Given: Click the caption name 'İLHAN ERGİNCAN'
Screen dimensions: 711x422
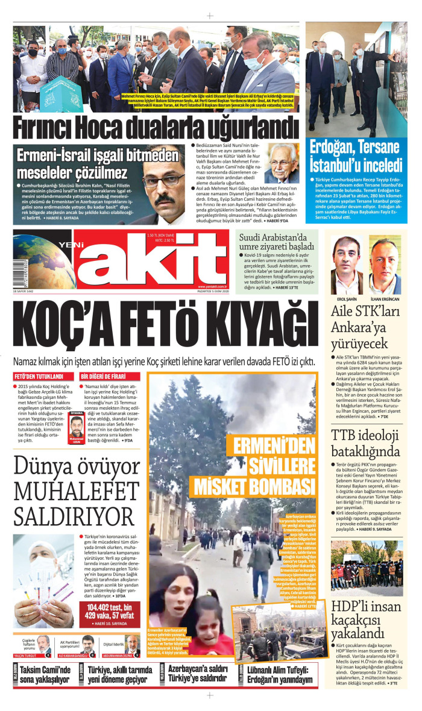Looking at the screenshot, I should tap(385, 299).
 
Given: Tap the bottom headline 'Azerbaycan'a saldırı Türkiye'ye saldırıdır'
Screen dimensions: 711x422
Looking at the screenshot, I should tap(202, 675).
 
